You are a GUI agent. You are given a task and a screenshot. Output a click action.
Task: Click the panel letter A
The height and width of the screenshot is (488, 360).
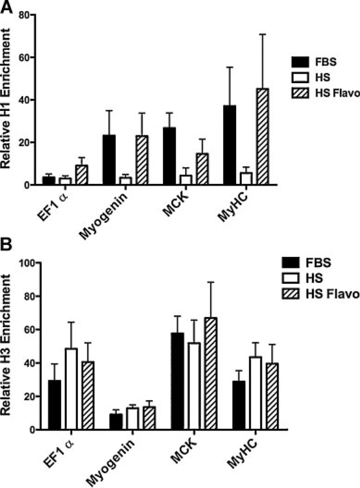[x=7, y=7]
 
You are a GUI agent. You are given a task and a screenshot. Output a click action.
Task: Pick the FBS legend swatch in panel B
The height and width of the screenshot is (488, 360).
[x=293, y=263]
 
